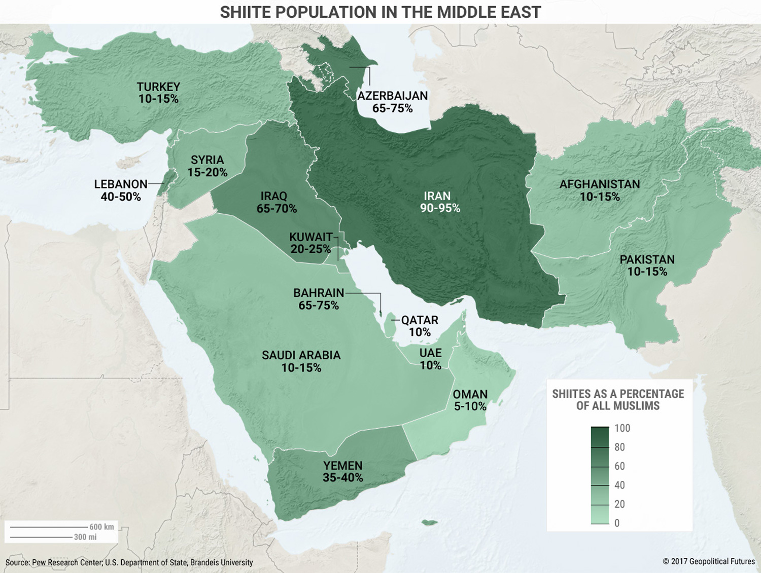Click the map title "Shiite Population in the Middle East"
[380, 12]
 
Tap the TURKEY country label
[158, 87]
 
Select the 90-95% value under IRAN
[440, 208]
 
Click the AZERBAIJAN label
[392, 96]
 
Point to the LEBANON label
[121, 184]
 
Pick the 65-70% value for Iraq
[276, 209]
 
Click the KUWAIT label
[310, 237]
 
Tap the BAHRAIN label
[319, 293]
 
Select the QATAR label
[420, 320]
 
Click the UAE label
[430, 353]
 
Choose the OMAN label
[470, 394]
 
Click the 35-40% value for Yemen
[343, 478]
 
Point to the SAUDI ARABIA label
[301, 356]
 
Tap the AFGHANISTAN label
[600, 184]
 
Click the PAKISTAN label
[647, 259]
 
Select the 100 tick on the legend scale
[622, 428]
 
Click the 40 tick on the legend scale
[619, 485]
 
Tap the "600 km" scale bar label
[101, 527]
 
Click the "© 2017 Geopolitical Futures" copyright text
[709, 561]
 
